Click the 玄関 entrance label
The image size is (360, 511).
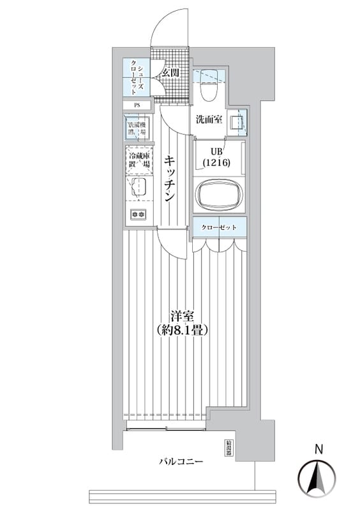tap(170, 72)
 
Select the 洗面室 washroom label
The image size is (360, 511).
tap(209, 119)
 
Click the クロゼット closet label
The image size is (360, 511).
tap(220, 228)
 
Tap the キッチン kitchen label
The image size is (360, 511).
tap(169, 179)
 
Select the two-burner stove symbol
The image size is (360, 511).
tap(139, 214)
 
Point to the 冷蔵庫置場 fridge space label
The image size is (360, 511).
tap(139, 160)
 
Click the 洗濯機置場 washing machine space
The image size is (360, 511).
tap(137, 126)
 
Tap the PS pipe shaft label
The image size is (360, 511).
tap(137, 105)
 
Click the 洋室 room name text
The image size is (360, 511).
tap(182, 316)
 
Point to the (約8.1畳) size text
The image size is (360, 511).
tap(182, 331)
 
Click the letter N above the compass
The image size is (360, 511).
tap(318, 450)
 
